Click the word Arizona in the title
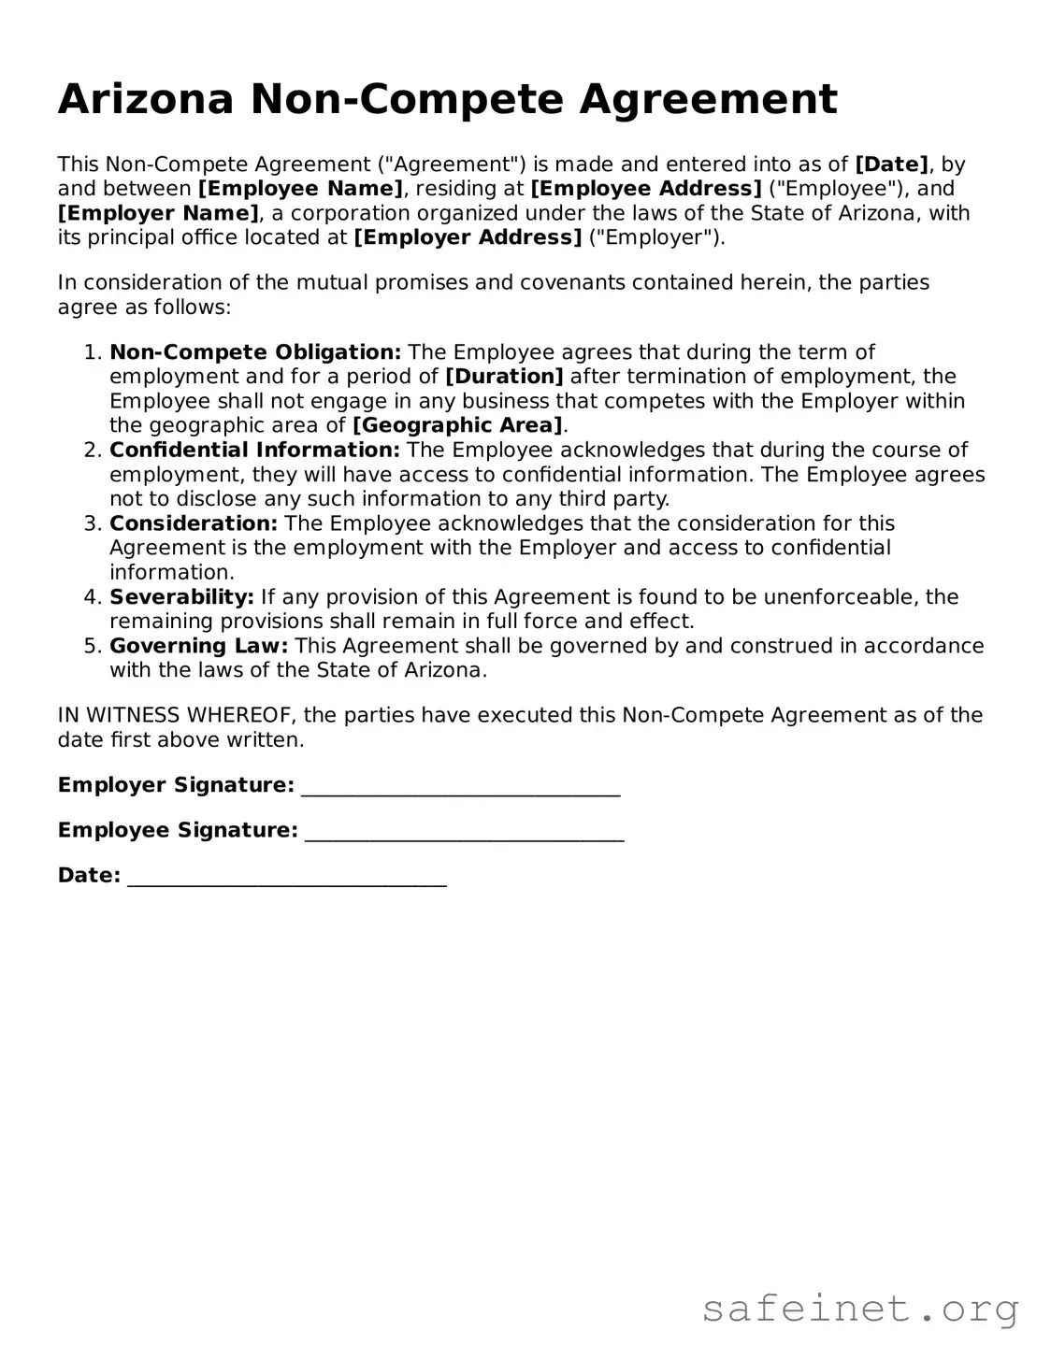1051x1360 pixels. point(145,99)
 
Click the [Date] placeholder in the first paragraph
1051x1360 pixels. point(891,165)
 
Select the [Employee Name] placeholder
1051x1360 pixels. point(300,189)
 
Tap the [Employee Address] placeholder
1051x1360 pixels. point(646,189)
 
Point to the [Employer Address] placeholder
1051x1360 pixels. point(468,237)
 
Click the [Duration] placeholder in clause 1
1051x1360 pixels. point(504,377)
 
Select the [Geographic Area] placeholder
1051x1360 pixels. point(457,425)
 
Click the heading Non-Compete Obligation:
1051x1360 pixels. point(255,352)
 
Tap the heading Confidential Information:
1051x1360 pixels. point(254,450)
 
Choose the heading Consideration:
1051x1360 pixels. point(194,523)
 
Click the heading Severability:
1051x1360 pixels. point(181,596)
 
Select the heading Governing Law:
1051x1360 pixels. point(199,646)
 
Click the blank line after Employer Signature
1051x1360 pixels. point(461,787)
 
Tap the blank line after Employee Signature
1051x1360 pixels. point(465,832)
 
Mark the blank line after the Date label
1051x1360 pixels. point(286,878)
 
